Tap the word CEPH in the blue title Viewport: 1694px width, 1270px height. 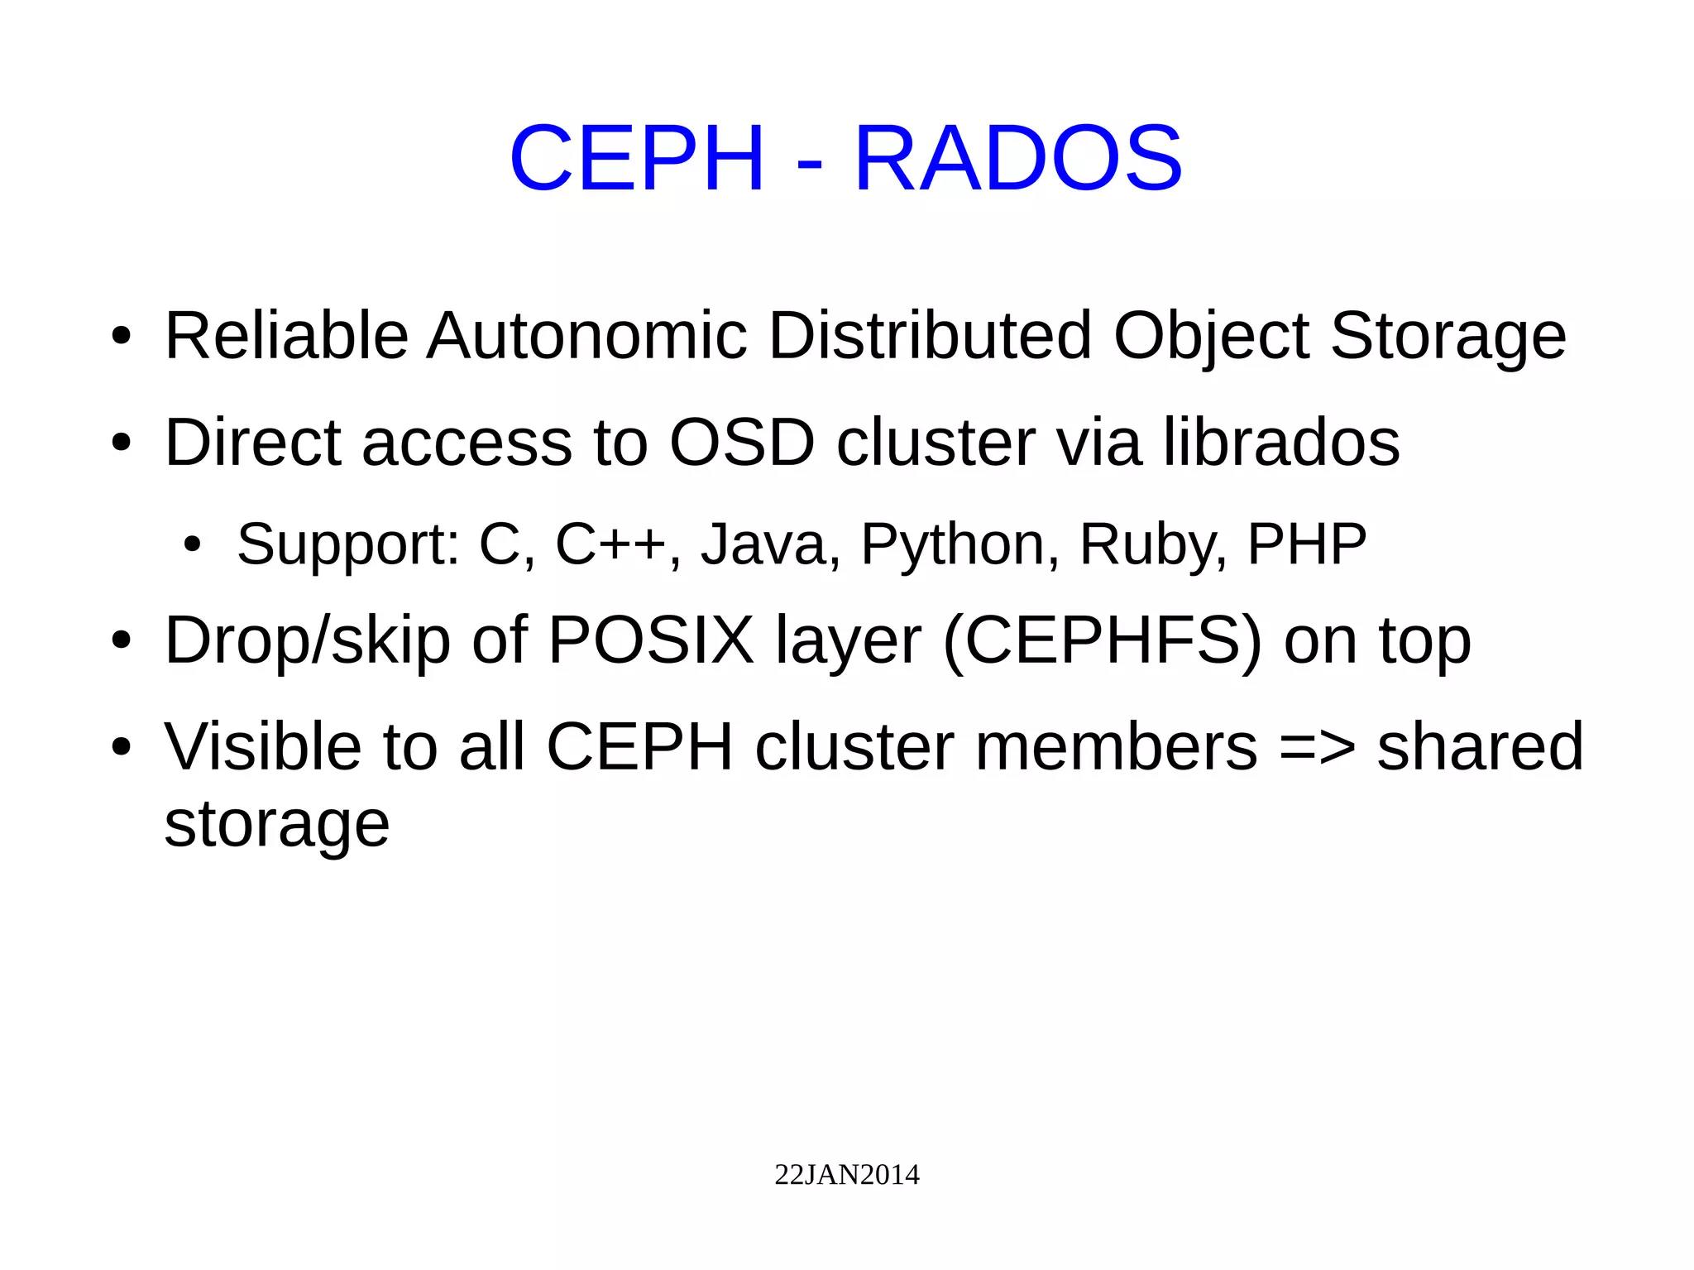[x=636, y=158]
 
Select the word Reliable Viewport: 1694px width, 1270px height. [x=286, y=335]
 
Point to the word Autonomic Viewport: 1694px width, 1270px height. [x=587, y=335]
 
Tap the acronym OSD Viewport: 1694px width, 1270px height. [x=742, y=442]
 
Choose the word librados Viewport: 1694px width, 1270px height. [x=1281, y=442]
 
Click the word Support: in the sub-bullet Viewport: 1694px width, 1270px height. [x=348, y=545]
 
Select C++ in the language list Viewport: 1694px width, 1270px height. [x=610, y=544]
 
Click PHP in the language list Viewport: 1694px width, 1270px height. [x=1307, y=544]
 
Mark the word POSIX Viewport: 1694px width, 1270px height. [x=651, y=640]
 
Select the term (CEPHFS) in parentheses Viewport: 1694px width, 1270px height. [x=1103, y=640]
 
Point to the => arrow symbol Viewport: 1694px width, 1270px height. [x=1318, y=746]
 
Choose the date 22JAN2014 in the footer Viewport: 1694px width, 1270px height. [x=846, y=1175]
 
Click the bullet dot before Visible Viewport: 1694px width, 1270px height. [x=122, y=747]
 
